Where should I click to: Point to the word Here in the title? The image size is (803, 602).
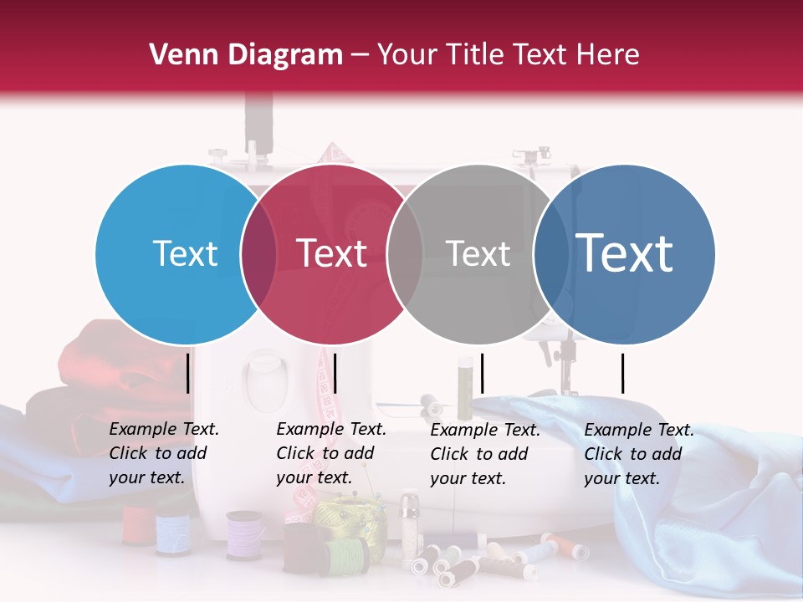click(609, 55)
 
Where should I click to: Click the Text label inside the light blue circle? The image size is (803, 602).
click(185, 254)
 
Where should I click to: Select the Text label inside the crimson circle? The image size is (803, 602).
click(331, 254)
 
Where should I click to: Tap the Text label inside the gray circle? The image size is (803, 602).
click(478, 254)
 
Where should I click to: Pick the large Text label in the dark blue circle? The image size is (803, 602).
click(624, 253)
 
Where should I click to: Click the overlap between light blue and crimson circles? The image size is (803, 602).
click(258, 254)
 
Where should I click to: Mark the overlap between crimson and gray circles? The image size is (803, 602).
click(405, 254)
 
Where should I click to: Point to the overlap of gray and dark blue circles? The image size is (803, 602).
click(550, 254)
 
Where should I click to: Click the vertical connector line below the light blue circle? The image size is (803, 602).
click(188, 373)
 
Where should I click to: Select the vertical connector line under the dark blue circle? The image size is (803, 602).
click(622, 373)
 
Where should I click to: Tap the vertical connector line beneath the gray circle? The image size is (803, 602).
click(483, 373)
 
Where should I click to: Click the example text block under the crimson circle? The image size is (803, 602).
click(331, 453)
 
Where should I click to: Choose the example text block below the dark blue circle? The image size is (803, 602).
click(639, 454)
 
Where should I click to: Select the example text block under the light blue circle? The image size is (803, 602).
click(164, 453)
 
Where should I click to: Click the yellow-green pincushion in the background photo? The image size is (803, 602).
click(343, 513)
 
